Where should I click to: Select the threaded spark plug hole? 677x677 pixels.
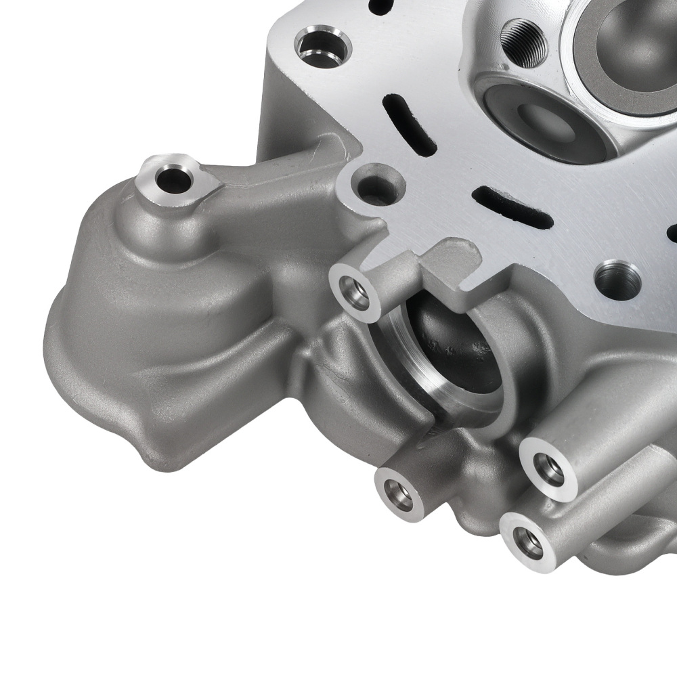click(524, 41)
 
